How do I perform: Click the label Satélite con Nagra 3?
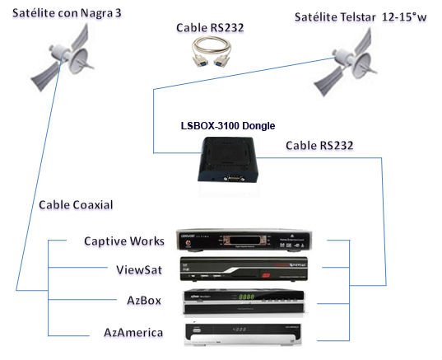click(x=67, y=13)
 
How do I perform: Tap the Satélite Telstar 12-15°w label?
click(x=361, y=17)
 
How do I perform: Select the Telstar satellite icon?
click(x=346, y=63)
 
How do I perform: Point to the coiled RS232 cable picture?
click(x=211, y=52)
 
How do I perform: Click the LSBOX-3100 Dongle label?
click(x=228, y=125)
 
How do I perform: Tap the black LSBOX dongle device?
click(x=228, y=160)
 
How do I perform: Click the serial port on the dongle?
click(x=234, y=179)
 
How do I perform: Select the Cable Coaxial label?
click(x=76, y=205)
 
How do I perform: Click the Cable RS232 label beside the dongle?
click(x=319, y=146)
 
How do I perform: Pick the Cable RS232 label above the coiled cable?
click(x=210, y=28)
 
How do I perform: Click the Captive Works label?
click(x=124, y=241)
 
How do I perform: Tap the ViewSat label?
click(x=139, y=270)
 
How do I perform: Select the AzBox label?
click(x=144, y=301)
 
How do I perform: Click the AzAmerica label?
click(x=133, y=333)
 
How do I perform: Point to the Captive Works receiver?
click(x=244, y=241)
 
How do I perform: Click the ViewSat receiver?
click(x=244, y=269)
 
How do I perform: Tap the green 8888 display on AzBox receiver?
click(x=246, y=297)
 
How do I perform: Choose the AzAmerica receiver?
click(x=244, y=334)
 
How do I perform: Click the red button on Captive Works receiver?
click(x=188, y=243)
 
